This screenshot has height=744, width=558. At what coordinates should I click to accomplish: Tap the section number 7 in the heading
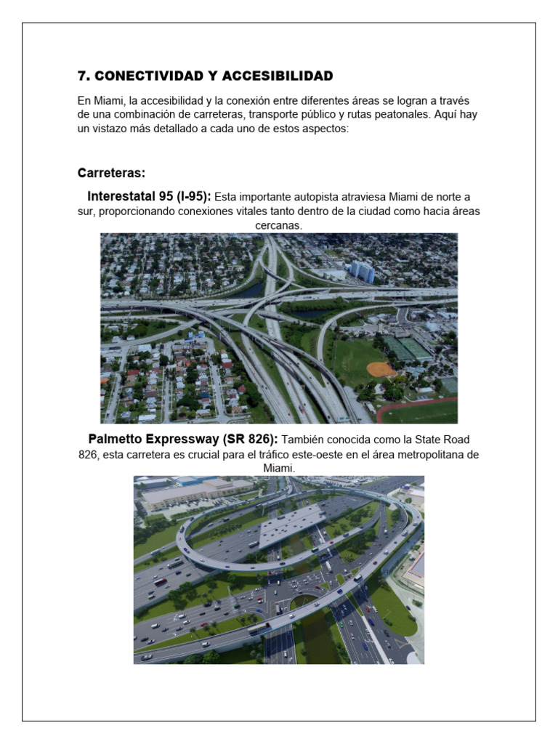82,76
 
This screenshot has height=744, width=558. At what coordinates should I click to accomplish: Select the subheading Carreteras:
111,173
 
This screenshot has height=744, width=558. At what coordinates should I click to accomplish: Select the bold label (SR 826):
245,440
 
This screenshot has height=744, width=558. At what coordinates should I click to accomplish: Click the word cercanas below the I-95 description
278,226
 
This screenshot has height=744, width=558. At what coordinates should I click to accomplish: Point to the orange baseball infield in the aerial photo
381,369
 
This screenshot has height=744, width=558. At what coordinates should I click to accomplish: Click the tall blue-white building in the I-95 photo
362,271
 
